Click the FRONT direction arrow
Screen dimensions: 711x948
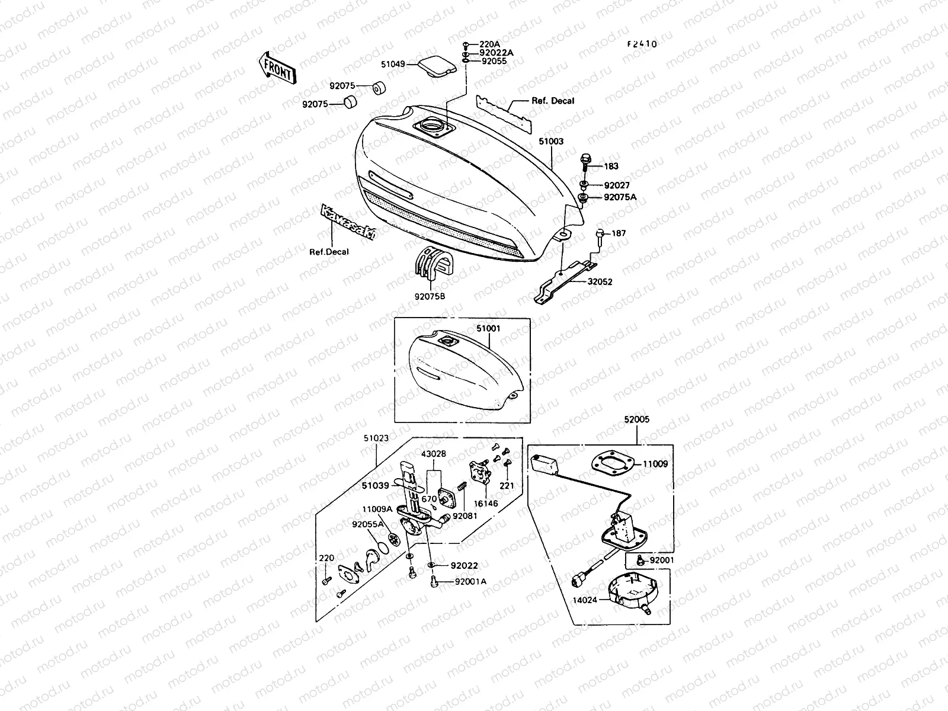coord(277,67)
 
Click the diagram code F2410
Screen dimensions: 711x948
coord(642,44)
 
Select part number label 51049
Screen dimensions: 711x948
coord(393,63)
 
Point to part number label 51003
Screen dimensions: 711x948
coord(551,142)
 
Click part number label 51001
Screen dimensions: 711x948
coord(488,327)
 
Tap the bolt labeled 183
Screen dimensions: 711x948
coord(584,162)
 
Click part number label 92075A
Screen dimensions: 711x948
coord(620,197)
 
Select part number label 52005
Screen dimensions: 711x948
coord(636,419)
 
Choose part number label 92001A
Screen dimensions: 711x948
coord(470,581)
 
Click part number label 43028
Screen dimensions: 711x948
coord(434,454)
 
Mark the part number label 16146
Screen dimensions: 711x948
coord(485,504)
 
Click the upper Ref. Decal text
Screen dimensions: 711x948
coord(553,101)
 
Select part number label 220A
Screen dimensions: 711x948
coord(490,44)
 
